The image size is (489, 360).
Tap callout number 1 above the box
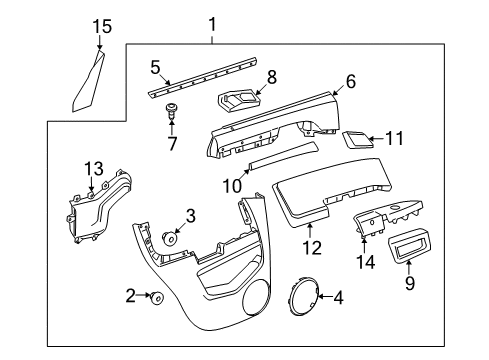coord(212,23)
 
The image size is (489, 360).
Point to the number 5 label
coord(155,68)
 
